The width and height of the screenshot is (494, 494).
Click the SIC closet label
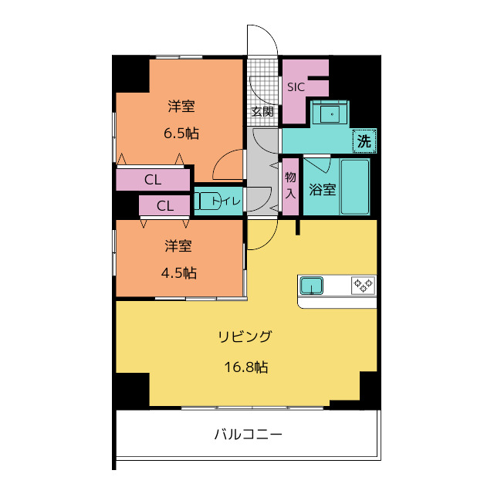click(296, 87)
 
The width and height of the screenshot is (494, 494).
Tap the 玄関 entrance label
click(262, 111)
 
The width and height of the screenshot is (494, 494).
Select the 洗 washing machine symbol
click(364, 140)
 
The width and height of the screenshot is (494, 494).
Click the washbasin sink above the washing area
click(330, 114)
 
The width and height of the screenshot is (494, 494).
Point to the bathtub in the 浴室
click(355, 187)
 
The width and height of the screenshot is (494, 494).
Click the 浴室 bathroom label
click(323, 189)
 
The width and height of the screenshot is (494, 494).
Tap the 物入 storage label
click(290, 185)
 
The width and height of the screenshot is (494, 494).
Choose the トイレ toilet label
click(226, 201)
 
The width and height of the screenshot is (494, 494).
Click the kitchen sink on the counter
click(311, 286)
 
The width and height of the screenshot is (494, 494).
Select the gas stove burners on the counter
click(364, 286)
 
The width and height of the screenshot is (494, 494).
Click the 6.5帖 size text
click(181, 134)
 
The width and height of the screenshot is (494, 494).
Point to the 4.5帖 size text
click(179, 272)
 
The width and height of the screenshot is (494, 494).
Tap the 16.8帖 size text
click(246, 367)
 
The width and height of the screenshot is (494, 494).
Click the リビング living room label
click(245, 337)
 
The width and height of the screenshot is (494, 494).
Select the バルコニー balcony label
click(248, 435)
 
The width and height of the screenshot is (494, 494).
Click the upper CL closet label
click(153, 180)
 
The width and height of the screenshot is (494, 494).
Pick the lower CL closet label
click(165, 206)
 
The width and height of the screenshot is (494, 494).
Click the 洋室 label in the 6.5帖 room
click(181, 107)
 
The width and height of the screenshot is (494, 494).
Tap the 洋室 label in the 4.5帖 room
click(178, 245)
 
